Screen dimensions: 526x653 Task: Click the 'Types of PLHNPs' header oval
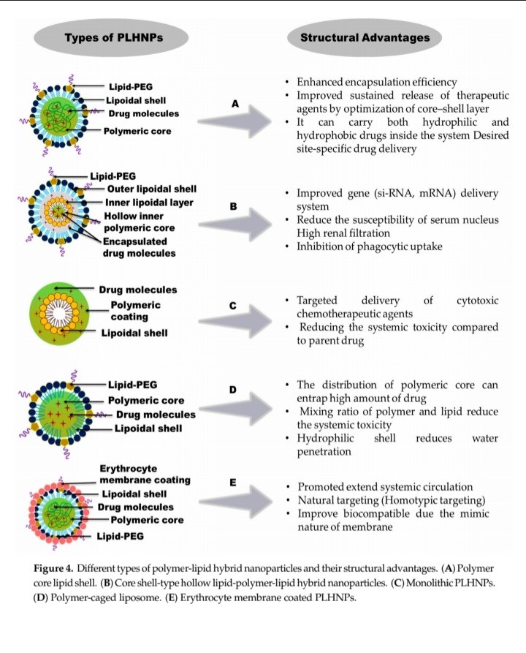click(111, 37)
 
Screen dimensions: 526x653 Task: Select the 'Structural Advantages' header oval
click(365, 37)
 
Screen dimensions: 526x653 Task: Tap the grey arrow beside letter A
click(235, 121)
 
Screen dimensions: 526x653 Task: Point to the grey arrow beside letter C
click(235, 321)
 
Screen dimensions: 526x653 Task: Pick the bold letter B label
click(234, 205)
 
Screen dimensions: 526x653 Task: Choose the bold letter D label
click(233, 390)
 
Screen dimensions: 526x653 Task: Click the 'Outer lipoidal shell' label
click(152, 189)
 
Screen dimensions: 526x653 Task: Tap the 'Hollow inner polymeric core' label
click(140, 222)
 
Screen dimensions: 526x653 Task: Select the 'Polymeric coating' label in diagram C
click(135, 311)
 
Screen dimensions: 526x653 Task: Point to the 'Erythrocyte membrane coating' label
click(145, 475)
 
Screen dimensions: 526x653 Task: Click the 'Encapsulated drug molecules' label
click(140, 247)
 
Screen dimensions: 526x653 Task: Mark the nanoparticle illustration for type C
click(59, 314)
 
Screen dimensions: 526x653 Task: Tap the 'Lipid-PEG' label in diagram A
click(131, 86)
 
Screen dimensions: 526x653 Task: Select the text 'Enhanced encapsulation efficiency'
click(377, 82)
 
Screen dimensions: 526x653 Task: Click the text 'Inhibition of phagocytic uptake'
click(370, 246)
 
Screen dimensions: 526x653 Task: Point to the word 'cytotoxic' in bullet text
click(477, 301)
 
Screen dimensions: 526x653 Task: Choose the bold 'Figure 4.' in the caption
click(53, 568)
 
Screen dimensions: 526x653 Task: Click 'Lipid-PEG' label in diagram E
click(121, 537)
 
